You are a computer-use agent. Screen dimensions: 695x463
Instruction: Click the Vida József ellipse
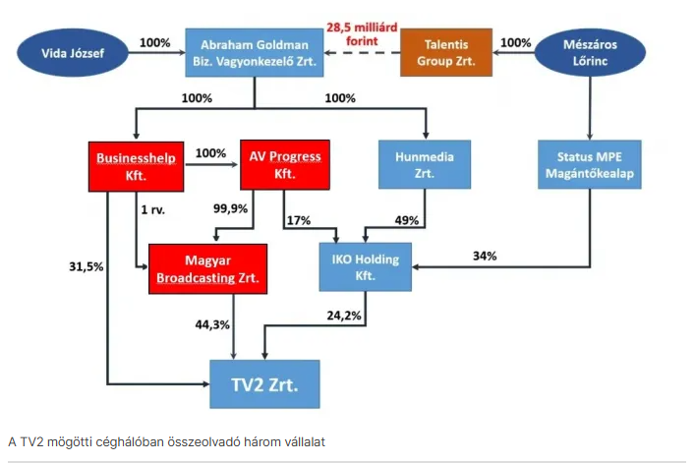coord(73,53)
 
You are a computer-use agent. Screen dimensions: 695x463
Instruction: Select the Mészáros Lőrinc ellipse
coord(590,52)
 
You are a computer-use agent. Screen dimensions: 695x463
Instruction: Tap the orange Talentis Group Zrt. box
coord(446,52)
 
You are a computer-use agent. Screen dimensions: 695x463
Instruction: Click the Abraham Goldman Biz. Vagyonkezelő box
coord(255,53)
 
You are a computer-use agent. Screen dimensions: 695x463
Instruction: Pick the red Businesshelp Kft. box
coord(136,166)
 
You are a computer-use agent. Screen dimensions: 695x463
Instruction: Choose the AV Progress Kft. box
coord(285,165)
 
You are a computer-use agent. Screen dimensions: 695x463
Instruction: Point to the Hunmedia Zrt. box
coord(425,164)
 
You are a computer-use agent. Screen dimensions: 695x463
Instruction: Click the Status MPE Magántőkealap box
coord(590,164)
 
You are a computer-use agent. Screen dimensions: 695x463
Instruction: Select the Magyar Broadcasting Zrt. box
coord(207,269)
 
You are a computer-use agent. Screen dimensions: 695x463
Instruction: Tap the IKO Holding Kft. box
coord(366,266)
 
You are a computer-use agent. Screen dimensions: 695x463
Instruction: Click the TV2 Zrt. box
coord(264,384)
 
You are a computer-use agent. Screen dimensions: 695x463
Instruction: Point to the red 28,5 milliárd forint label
coord(362,34)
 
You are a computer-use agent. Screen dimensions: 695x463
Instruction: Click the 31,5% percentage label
coord(86,266)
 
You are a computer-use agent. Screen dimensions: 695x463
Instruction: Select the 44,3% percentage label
coord(212,324)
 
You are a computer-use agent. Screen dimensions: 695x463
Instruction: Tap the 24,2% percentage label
coord(344,316)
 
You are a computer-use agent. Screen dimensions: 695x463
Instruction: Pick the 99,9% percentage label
coord(230,208)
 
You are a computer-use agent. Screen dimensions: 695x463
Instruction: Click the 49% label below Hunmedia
coord(406,220)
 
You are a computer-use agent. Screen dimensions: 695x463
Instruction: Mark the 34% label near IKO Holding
coord(485,256)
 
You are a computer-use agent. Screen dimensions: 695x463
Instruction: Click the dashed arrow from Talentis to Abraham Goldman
coord(362,53)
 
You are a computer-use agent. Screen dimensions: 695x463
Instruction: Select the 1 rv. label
coord(153,209)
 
